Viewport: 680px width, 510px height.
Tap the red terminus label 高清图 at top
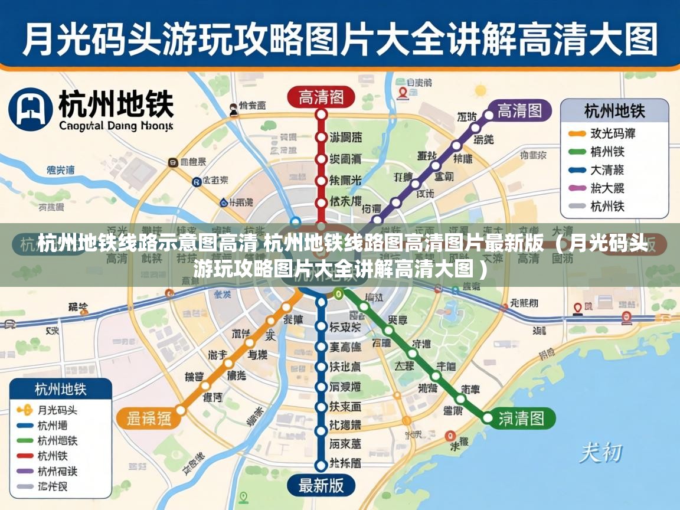point(321,97)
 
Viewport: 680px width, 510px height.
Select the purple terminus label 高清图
point(519,110)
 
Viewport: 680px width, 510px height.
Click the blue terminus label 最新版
point(321,486)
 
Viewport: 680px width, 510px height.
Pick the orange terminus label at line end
point(149,419)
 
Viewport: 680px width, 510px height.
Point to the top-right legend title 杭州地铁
point(614,110)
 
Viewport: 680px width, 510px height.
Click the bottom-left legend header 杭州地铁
point(61,390)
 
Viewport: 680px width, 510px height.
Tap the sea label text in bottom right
point(600,453)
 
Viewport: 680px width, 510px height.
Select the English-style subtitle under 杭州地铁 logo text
point(116,126)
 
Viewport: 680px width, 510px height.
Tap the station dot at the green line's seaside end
point(487,418)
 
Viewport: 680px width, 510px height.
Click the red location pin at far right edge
point(626,318)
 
